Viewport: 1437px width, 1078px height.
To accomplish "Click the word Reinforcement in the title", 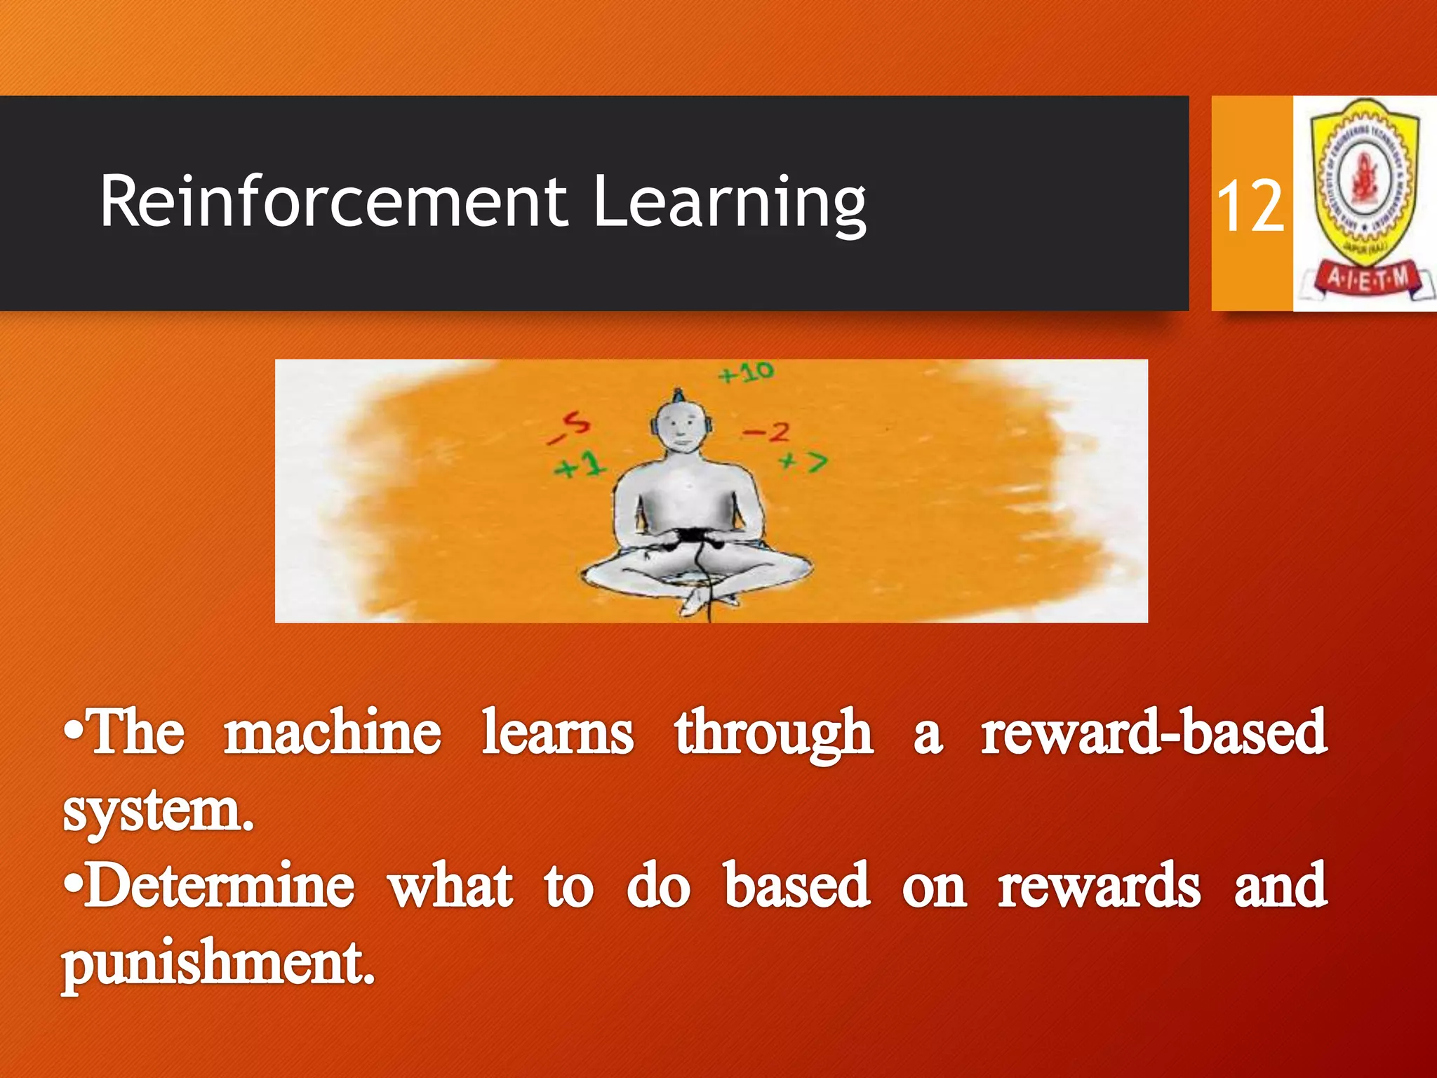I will (333, 202).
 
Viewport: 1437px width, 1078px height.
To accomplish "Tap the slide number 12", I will (1250, 206).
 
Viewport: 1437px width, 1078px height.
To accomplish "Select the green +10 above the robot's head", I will (745, 373).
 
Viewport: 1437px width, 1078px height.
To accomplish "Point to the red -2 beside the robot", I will (766, 432).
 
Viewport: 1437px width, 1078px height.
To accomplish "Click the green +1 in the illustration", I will (580, 465).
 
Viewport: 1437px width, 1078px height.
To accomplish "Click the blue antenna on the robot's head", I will (677, 396).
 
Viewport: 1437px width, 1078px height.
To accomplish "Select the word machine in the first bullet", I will (333, 733).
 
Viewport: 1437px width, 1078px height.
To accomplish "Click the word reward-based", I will (1154, 733).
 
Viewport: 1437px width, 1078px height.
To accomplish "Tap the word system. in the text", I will (159, 811).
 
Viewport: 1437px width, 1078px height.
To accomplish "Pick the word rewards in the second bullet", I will (1099, 886).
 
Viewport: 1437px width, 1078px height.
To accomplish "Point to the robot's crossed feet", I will (702, 599).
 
